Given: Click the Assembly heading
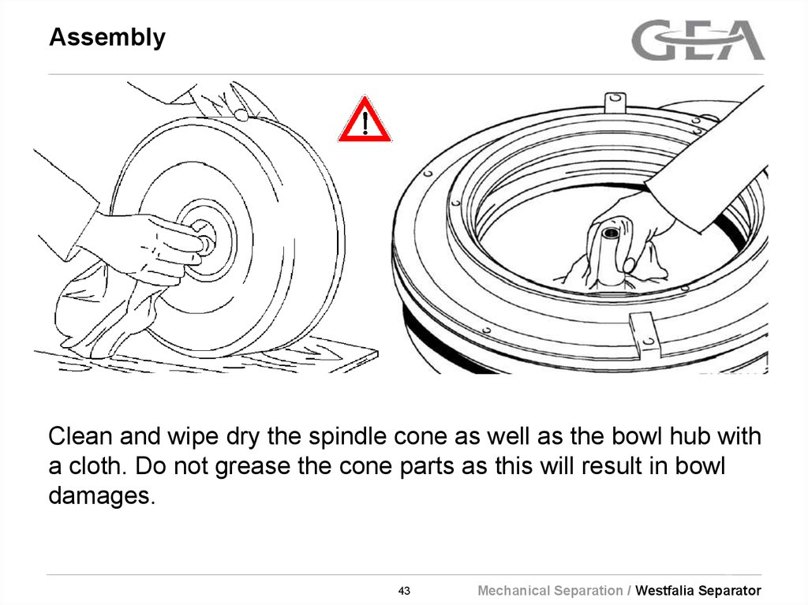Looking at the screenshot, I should tap(107, 38).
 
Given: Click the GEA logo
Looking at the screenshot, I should tap(698, 40).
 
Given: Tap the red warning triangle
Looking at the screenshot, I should tap(365, 121).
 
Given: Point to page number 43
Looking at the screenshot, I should tap(404, 591).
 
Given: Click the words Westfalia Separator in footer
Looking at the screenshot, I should tap(698, 591).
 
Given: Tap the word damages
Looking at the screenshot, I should tap(98, 496).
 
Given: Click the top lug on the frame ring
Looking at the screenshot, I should tap(614, 103).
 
